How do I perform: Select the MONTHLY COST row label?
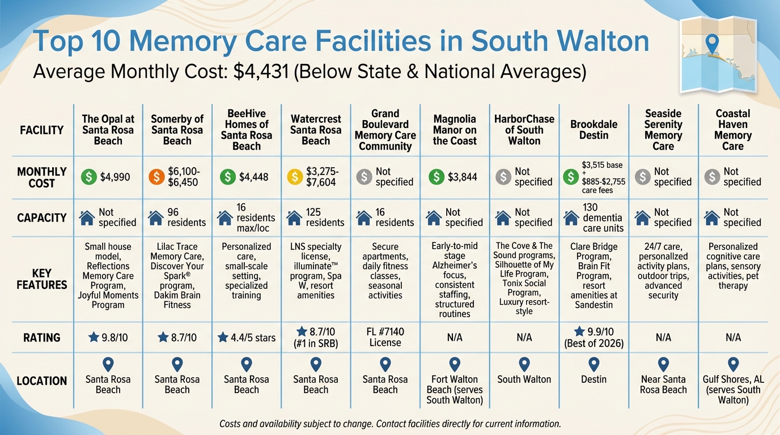coord(41,177)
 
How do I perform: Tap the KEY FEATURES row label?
coord(41,279)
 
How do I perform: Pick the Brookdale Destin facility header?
coord(594,130)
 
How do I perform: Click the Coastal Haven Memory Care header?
coord(732,130)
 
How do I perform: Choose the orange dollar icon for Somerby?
coord(157,177)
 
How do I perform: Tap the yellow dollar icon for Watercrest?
coord(295,177)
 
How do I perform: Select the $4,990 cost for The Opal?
coord(115,177)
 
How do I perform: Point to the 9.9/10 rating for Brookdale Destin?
coord(600,332)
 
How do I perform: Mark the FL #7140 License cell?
coord(385,337)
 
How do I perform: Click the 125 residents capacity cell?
coord(325,217)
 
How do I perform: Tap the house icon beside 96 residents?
coord(156,217)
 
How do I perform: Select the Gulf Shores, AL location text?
coord(733,389)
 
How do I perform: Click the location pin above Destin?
coord(594,364)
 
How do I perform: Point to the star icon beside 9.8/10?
coord(94,338)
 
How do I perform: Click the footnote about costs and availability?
coord(389,424)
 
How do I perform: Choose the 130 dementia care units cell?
coord(603,218)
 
